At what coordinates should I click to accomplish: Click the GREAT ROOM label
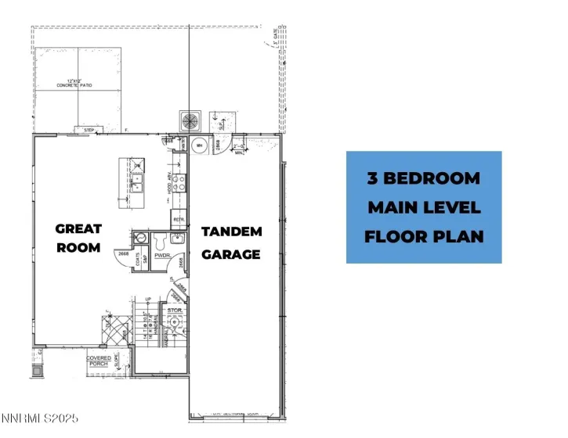click(x=78, y=239)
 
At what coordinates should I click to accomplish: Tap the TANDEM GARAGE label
click(x=231, y=242)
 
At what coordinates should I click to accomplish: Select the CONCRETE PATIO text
click(x=75, y=84)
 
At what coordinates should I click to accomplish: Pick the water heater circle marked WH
click(x=200, y=145)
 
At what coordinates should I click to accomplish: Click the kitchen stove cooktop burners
click(x=179, y=182)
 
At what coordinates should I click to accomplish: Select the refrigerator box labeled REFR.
click(x=178, y=220)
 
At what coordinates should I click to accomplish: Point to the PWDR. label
click(x=163, y=256)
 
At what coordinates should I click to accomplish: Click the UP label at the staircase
click(x=147, y=300)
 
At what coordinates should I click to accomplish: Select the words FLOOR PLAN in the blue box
click(x=424, y=236)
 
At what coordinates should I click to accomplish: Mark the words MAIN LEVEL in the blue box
click(x=424, y=207)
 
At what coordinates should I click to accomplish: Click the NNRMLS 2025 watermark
click(x=40, y=419)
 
